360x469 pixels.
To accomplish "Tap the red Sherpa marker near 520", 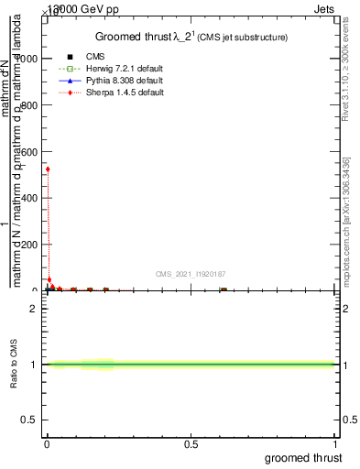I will tap(48, 169).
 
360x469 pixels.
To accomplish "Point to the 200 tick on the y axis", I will tap(28, 244).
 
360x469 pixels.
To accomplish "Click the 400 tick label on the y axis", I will tap(28, 197).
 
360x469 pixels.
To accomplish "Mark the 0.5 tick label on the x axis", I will tap(191, 444).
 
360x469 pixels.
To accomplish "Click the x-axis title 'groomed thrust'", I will tap(304, 457).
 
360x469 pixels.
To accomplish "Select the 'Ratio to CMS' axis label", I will tap(15, 365).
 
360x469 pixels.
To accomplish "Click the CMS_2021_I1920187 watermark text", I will tap(190, 274).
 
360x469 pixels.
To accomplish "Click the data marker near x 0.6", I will tap(223, 289).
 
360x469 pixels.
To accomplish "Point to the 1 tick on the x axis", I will tap(334, 444).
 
